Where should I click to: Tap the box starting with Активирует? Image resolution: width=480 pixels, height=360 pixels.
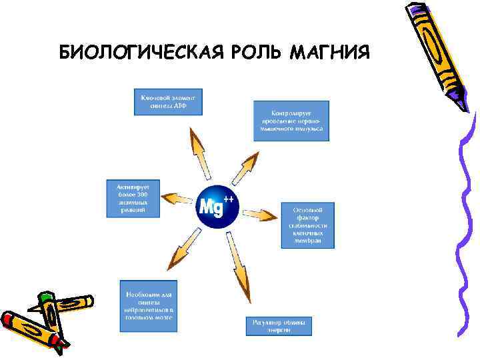(x=133, y=197)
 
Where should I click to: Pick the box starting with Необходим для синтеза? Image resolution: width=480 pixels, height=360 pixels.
(x=149, y=305)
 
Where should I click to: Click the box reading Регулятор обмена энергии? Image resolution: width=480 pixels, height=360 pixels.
(x=279, y=326)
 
